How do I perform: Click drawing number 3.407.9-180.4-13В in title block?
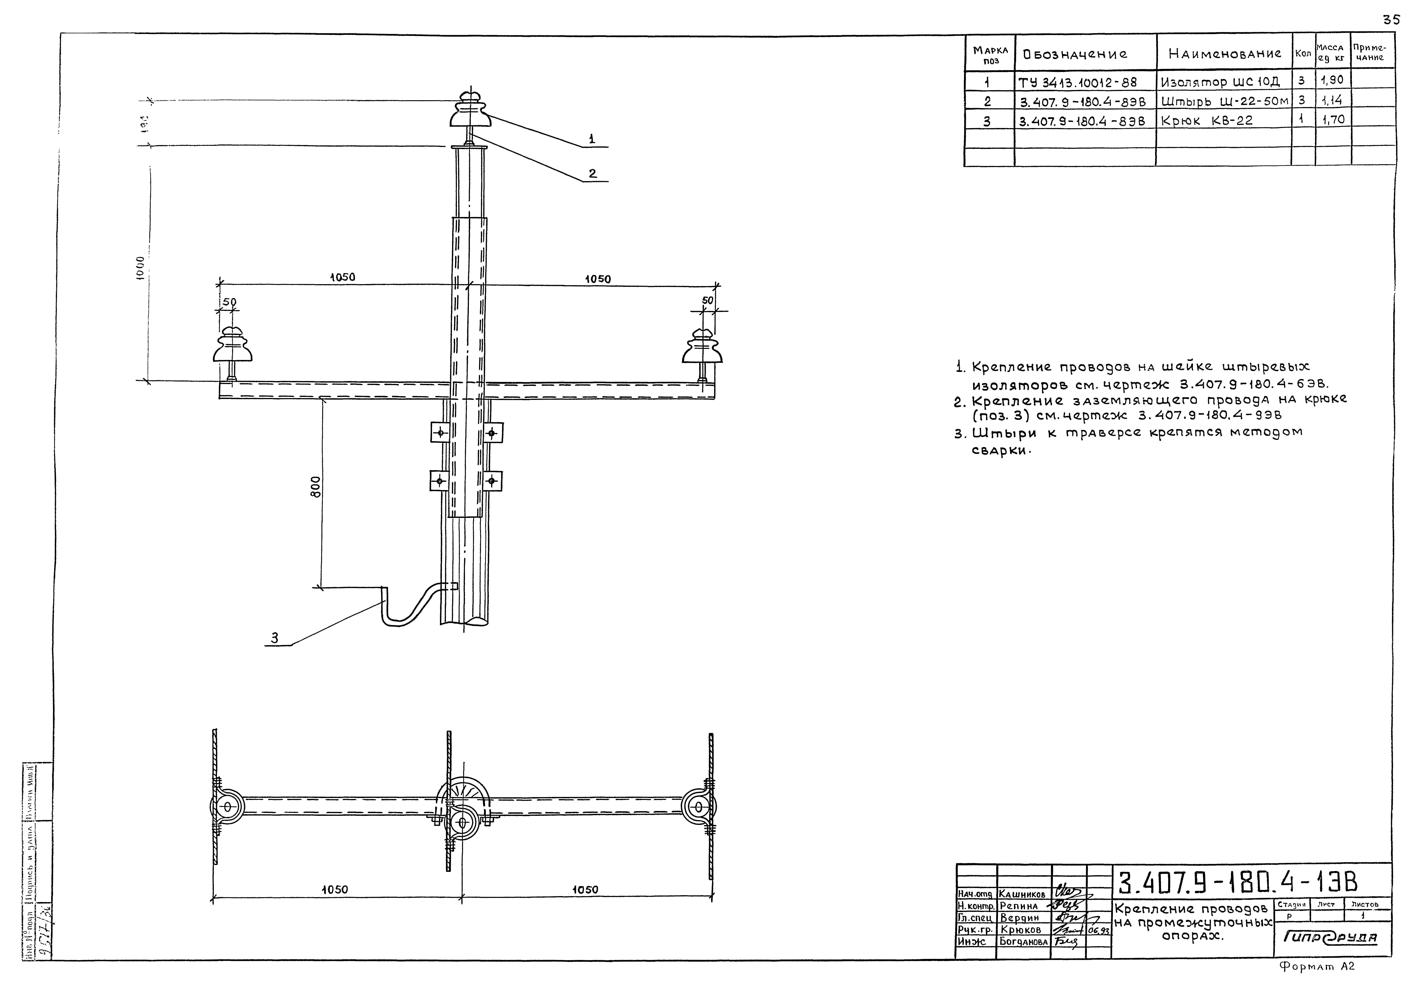tap(1237, 883)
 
